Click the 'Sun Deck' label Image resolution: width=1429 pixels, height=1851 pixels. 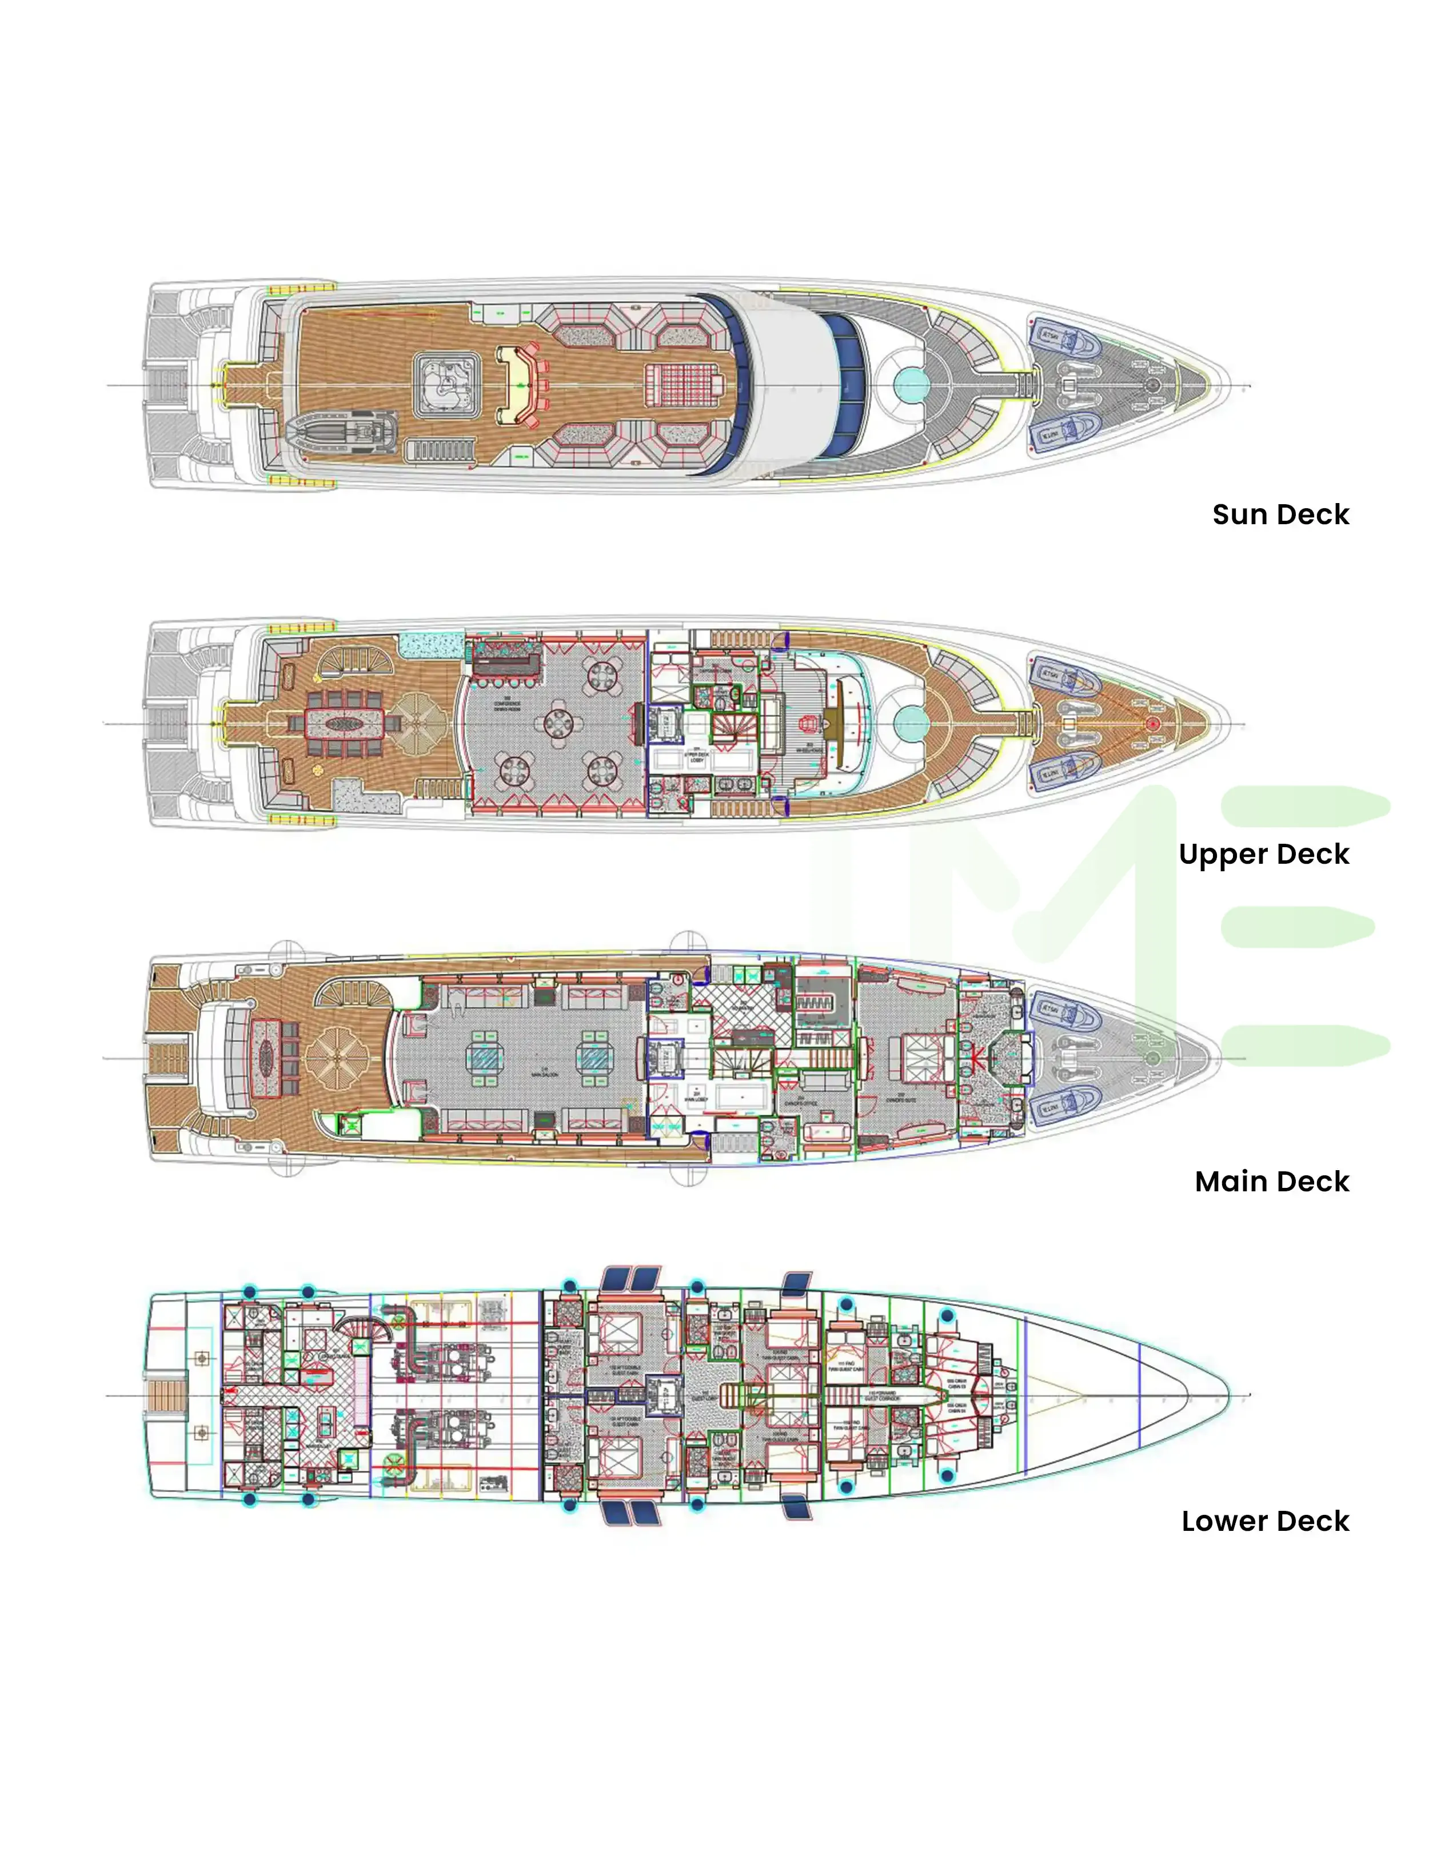[x=1280, y=514]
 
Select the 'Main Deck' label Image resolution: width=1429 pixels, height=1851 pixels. [x=1271, y=1182]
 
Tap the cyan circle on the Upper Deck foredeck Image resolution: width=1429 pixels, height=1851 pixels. [x=911, y=724]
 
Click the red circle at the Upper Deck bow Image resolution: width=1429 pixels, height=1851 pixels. [x=1153, y=724]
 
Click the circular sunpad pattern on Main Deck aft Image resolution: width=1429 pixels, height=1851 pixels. [x=337, y=1058]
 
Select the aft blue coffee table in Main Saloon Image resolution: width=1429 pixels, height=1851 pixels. [x=486, y=1057]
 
